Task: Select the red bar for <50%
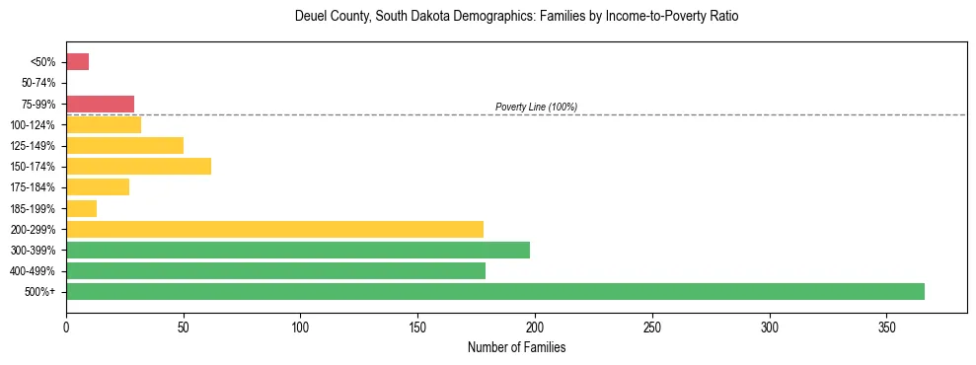click(x=78, y=62)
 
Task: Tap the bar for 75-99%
click(x=100, y=104)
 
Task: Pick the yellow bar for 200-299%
click(x=275, y=229)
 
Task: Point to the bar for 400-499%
click(x=276, y=270)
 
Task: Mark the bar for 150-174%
click(x=138, y=166)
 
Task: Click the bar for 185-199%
click(x=82, y=208)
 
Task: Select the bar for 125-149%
click(x=124, y=145)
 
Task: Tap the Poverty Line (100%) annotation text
click(x=536, y=107)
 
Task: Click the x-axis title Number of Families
click(x=516, y=348)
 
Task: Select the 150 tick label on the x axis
click(x=417, y=325)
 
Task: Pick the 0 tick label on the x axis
click(x=66, y=325)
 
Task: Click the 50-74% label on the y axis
click(x=42, y=83)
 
